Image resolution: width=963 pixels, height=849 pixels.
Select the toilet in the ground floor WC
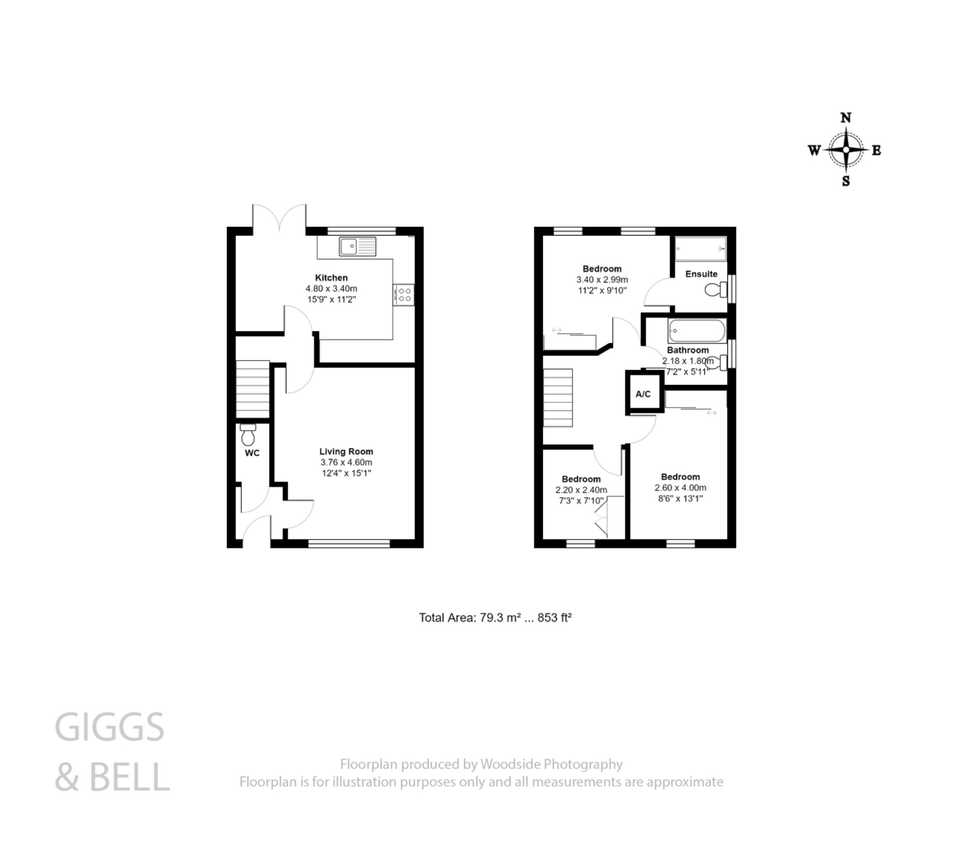[248, 435]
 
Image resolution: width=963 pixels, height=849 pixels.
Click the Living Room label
[346, 451]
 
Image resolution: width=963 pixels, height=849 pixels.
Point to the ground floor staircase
[253, 389]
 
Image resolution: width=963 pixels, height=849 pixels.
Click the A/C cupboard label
[643, 394]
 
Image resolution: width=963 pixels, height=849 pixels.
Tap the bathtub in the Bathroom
[696, 331]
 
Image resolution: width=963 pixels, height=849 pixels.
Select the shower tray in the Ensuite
[701, 248]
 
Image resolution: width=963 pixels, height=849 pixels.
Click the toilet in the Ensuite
[716, 290]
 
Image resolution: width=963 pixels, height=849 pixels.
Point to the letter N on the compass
[846, 118]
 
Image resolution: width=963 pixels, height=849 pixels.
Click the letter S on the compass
[846, 181]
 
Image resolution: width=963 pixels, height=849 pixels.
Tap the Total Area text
[495, 618]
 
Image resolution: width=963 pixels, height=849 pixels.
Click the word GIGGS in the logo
[110, 727]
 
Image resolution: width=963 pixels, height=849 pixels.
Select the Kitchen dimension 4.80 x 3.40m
[331, 288]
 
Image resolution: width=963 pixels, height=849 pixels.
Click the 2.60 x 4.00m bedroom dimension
[680, 487]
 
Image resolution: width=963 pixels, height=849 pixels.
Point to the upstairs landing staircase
[558, 398]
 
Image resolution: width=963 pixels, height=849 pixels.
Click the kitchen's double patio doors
[279, 219]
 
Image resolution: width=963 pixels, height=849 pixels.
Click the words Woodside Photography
[551, 764]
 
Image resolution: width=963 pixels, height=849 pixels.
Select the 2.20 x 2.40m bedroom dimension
[581, 490]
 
